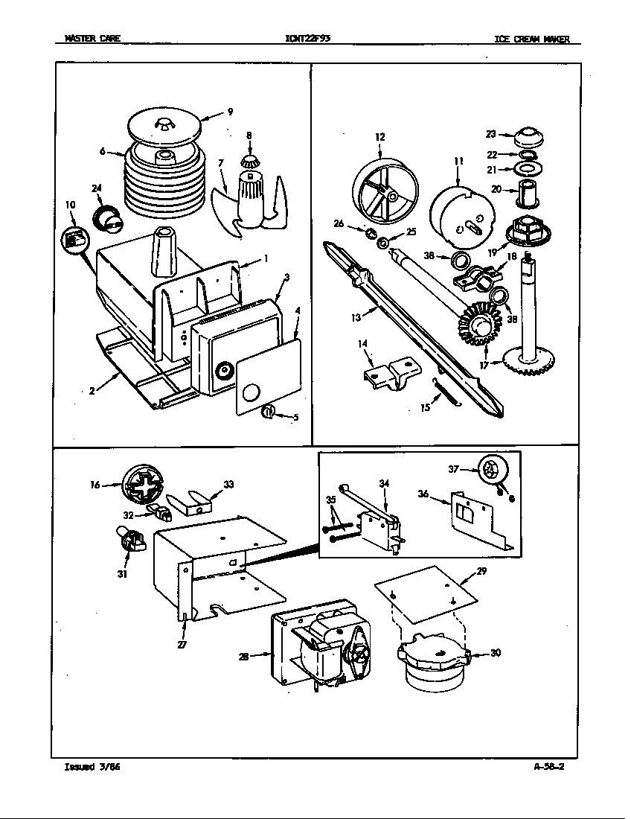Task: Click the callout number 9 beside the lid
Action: click(230, 112)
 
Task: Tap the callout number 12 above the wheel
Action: click(380, 137)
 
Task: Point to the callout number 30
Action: click(496, 653)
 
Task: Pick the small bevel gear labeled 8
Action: click(249, 160)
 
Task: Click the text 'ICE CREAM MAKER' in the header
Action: click(531, 39)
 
